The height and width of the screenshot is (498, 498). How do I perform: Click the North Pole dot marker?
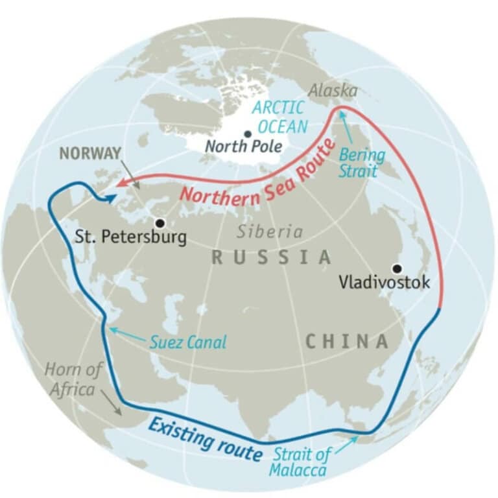[x=247, y=134]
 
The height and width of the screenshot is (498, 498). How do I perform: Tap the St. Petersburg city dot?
[x=160, y=222]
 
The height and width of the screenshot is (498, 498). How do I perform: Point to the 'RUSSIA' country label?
[x=272, y=257]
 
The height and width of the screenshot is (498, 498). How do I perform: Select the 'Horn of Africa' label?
[x=74, y=380]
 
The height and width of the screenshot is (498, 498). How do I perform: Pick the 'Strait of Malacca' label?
[x=300, y=462]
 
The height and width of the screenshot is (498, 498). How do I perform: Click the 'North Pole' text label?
[x=243, y=147]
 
